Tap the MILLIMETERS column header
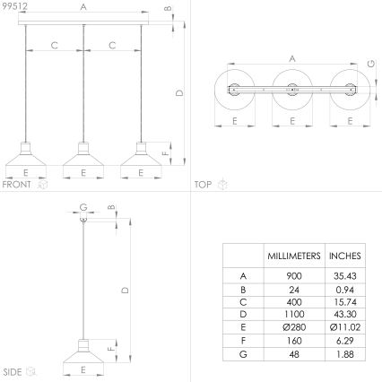point(294,256)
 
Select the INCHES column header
point(345,256)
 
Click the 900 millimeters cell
point(294,277)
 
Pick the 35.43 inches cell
point(345,277)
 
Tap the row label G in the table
point(244,355)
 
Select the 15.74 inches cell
point(345,303)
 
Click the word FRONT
point(16,185)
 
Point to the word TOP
point(203,185)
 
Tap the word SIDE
point(12,370)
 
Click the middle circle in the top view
point(291,90)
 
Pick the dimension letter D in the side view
point(124,289)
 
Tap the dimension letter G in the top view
point(370,64)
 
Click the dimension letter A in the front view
point(83,6)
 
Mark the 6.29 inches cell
point(345,342)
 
